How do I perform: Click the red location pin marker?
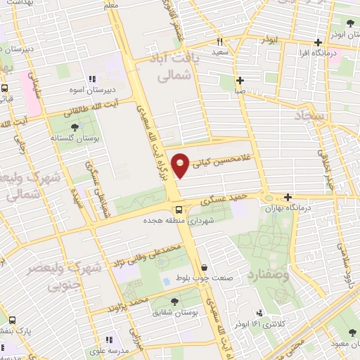tap(181, 165)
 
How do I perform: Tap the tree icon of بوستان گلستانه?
tap(75, 128)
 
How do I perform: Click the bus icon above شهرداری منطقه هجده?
tap(179, 209)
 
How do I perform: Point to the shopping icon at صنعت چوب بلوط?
tap(204, 268)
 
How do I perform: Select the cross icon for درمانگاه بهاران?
tap(288, 198)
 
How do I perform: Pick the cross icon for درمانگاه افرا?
tap(319, 42)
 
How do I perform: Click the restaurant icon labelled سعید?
tap(219, 41)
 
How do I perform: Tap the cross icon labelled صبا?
tap(240, 79)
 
